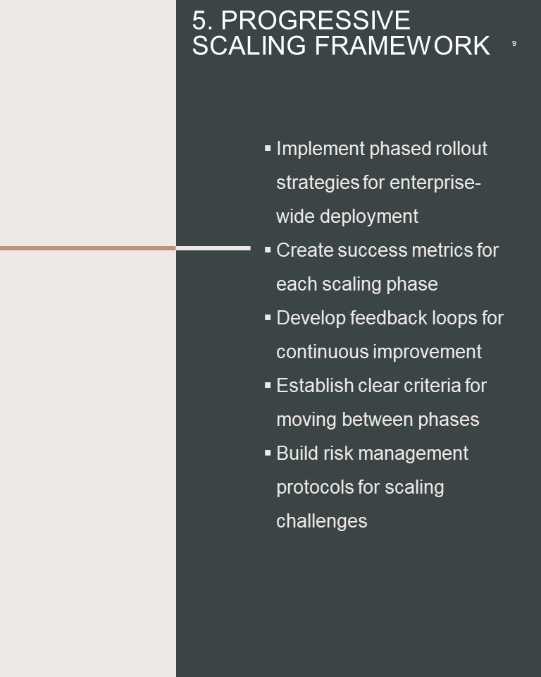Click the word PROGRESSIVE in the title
pyautogui.click(x=316, y=20)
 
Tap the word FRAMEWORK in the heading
pyautogui.click(x=402, y=46)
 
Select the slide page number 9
pyautogui.click(x=514, y=43)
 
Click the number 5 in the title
pyautogui.click(x=199, y=20)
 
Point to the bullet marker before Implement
pyautogui.click(x=268, y=148)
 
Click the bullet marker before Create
pyautogui.click(x=268, y=250)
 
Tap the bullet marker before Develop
pyautogui.click(x=268, y=317)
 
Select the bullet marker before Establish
pyautogui.click(x=268, y=385)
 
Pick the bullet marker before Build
pyautogui.click(x=268, y=453)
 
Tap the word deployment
pyautogui.click(x=369, y=216)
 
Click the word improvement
pyautogui.click(x=427, y=352)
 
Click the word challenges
pyautogui.click(x=322, y=522)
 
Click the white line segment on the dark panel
pyautogui.click(x=213, y=248)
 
